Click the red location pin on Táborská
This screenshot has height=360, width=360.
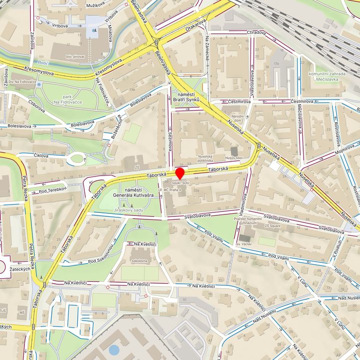pos(180,173)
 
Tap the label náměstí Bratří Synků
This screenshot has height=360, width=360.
pos(185,97)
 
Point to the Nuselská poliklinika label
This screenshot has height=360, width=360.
pos(212,158)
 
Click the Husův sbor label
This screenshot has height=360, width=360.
pos(233,158)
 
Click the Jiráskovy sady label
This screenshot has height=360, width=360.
pos(129,210)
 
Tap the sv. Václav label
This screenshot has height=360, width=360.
pos(244,244)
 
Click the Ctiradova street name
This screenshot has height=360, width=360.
pos(256,33)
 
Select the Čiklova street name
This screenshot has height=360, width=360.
pos(41,156)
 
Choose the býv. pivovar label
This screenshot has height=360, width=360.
pos(75,56)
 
